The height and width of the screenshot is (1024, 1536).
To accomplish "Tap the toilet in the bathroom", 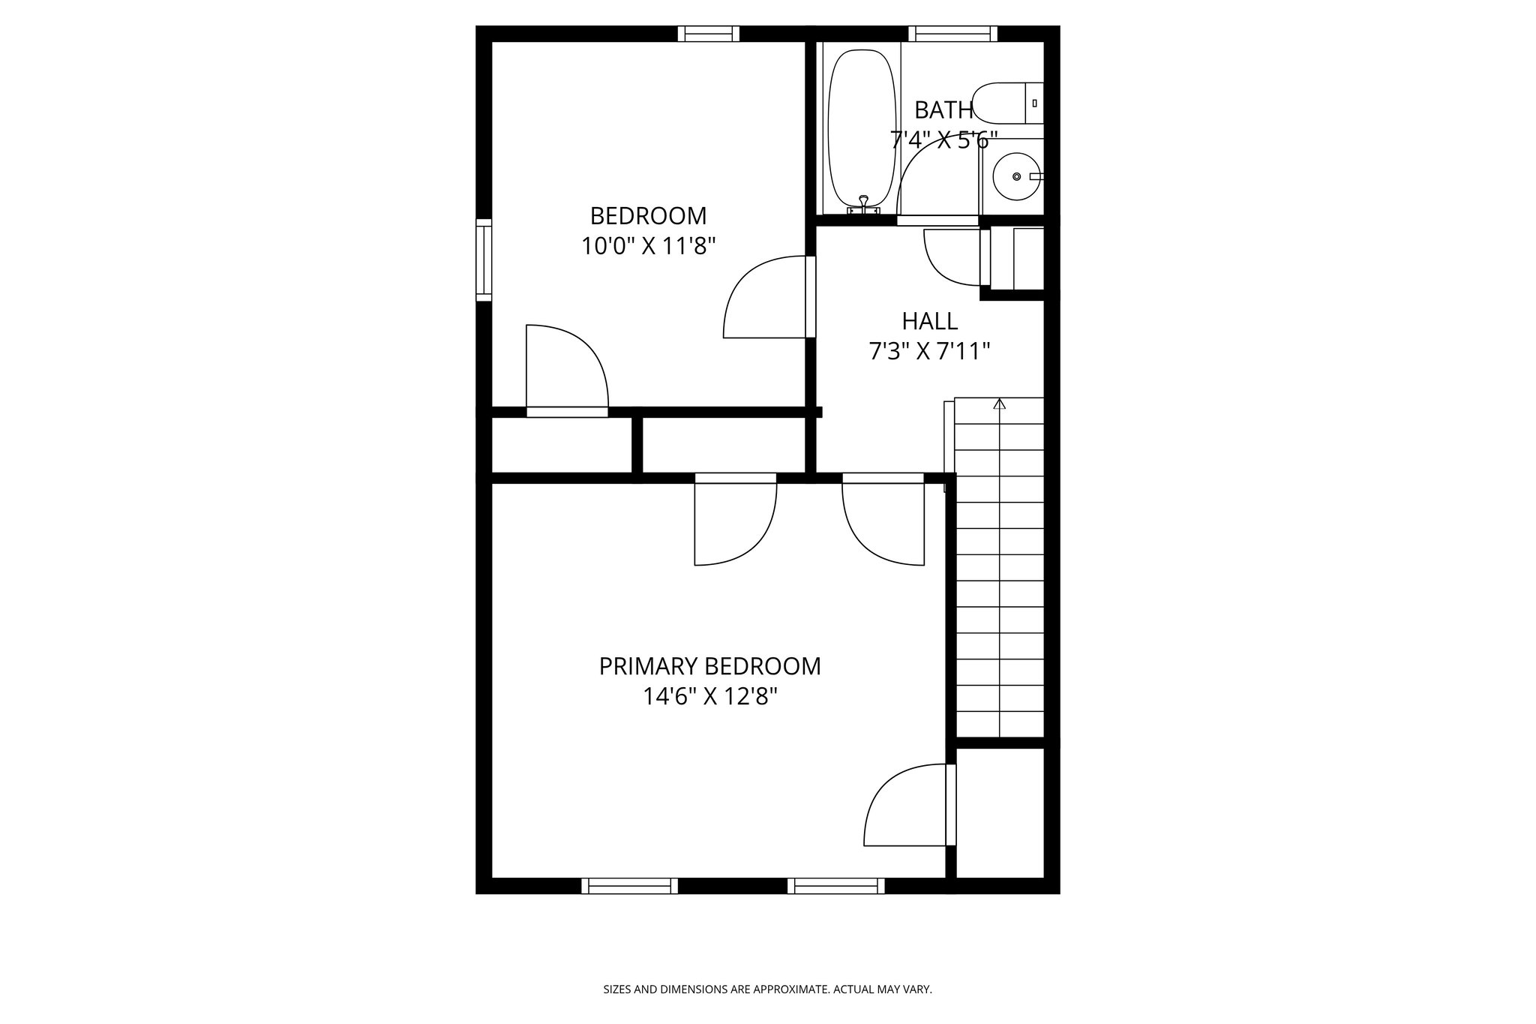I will [1008, 104].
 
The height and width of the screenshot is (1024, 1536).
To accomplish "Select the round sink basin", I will [1016, 177].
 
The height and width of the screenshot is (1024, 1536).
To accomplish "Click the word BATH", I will [943, 111].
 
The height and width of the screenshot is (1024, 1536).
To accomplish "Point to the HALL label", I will [929, 321].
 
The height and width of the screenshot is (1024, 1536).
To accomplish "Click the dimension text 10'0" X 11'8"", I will [648, 246].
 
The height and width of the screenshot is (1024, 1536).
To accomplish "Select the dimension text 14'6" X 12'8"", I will [709, 697].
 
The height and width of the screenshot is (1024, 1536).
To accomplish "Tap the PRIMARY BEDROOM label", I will [709, 666].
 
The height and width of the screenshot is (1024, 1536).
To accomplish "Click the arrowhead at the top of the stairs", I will [999, 404].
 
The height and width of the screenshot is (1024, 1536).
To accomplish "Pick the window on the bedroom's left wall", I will [484, 260].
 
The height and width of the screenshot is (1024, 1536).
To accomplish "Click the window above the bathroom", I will [952, 34].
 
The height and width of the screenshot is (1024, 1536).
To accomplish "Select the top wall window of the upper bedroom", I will [708, 34].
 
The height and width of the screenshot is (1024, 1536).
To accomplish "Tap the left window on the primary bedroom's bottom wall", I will [629, 886].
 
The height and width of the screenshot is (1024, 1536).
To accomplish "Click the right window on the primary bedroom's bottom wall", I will [835, 886].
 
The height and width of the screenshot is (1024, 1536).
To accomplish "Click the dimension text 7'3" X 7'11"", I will [929, 351].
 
